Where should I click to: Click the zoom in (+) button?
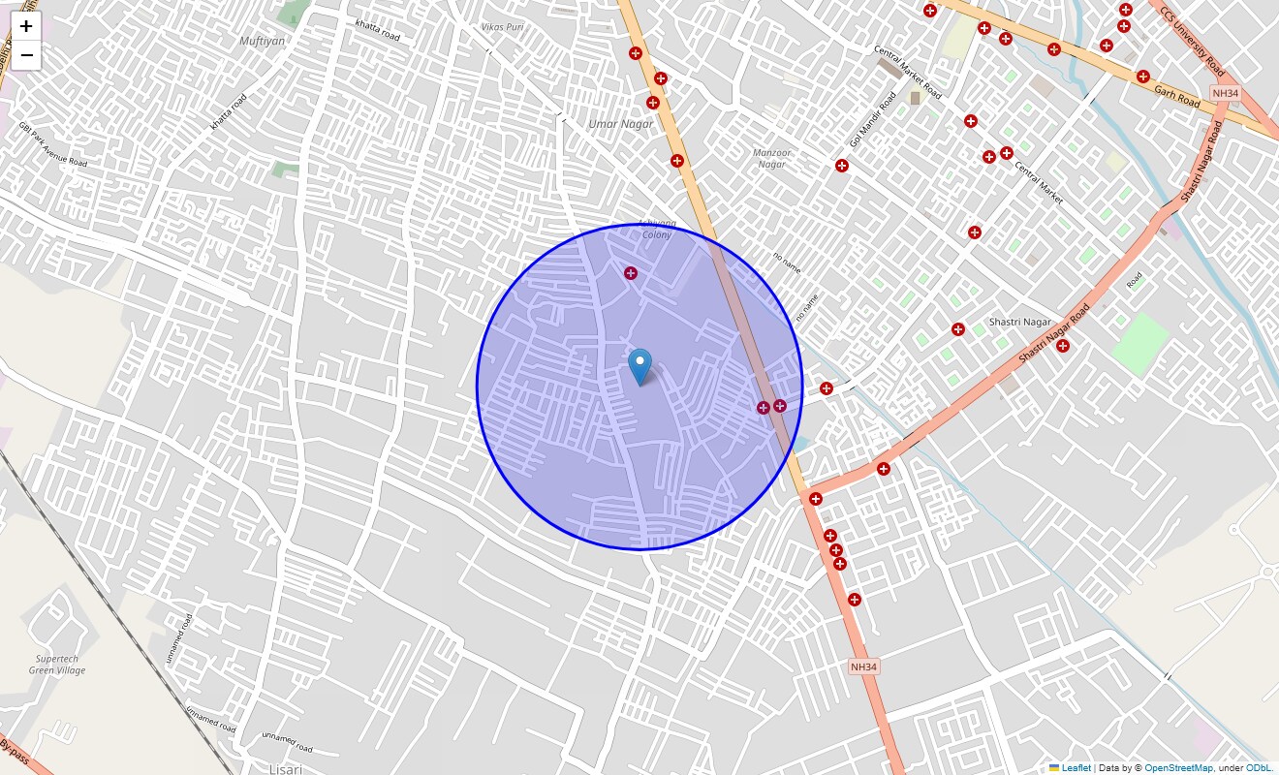pyautogui.click(x=26, y=26)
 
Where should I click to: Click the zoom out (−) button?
pyautogui.click(x=26, y=55)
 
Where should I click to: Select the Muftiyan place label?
pyautogui.click(x=263, y=41)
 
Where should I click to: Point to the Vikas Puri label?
pyautogui.click(x=502, y=27)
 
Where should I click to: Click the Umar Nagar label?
pyautogui.click(x=621, y=124)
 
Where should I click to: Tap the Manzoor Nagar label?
pyautogui.click(x=772, y=158)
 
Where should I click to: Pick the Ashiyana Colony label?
pyautogui.click(x=657, y=229)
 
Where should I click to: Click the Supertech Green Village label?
pyautogui.click(x=57, y=665)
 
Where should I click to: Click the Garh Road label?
pyautogui.click(x=1176, y=95)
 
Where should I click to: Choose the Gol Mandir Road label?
pyautogui.click(x=873, y=120)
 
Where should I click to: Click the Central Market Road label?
pyautogui.click(x=907, y=72)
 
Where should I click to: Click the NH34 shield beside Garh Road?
pyautogui.click(x=1225, y=93)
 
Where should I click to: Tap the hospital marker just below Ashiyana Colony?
pyautogui.click(x=631, y=273)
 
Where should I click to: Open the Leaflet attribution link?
pyautogui.click(x=1075, y=768)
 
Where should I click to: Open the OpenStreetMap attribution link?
pyautogui.click(x=1178, y=768)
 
